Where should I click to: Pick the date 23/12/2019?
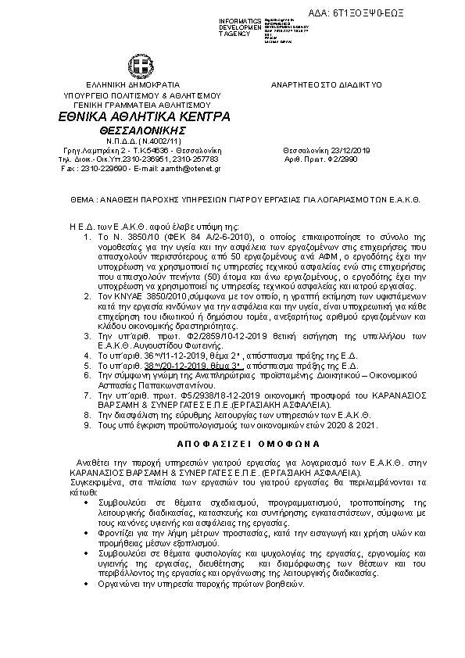click(341, 148)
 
